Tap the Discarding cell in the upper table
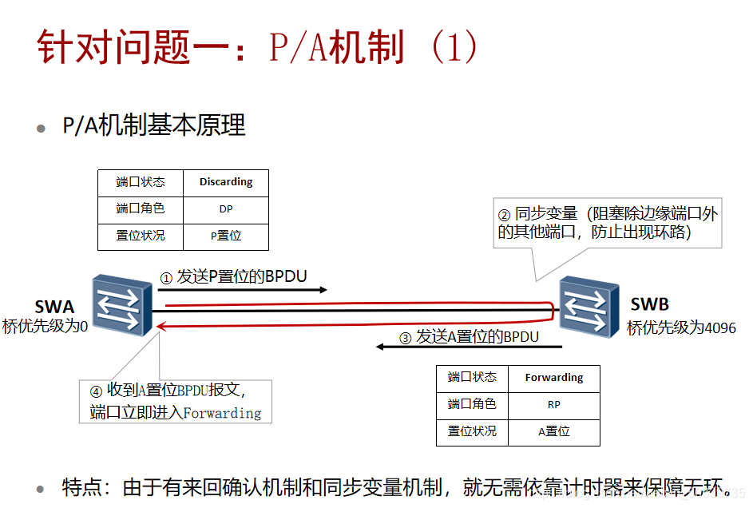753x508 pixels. (226, 182)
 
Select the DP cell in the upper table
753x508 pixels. (226, 209)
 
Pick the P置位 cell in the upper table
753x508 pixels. (226, 236)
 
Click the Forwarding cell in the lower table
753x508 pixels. (554, 378)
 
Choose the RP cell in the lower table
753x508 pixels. (554, 405)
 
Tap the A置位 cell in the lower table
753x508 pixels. (554, 431)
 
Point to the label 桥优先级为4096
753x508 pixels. (681, 328)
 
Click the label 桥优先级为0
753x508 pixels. (45, 327)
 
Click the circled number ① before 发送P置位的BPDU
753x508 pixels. (166, 279)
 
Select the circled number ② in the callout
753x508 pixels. (504, 215)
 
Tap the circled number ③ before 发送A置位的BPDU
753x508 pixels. (405, 338)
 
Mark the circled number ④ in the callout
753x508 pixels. (96, 391)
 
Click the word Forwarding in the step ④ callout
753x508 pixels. (222, 413)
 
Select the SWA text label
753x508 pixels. (54, 307)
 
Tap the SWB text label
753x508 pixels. (649, 304)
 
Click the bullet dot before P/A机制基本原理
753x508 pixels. (42, 128)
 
